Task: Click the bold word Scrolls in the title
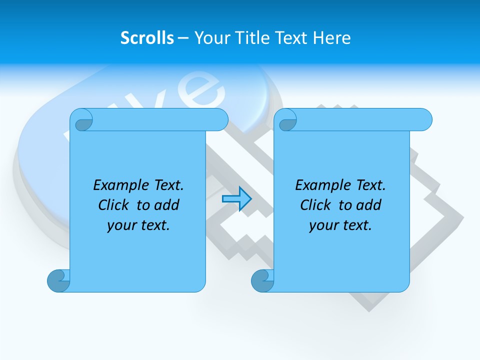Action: [147, 38]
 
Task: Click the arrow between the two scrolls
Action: [236, 199]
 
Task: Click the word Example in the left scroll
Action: [118, 185]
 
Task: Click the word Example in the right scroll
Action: [320, 185]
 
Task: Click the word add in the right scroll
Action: [369, 205]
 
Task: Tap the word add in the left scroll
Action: [167, 205]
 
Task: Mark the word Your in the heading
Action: [210, 38]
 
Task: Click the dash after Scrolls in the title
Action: [183, 38]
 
